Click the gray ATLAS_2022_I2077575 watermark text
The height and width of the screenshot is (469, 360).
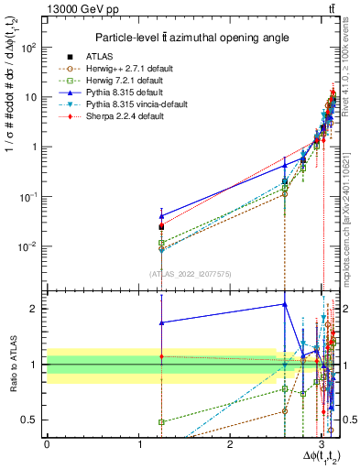coord(191,274)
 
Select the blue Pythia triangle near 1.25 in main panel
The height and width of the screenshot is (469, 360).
coord(161,216)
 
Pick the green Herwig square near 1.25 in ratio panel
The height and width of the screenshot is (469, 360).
coord(161,422)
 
